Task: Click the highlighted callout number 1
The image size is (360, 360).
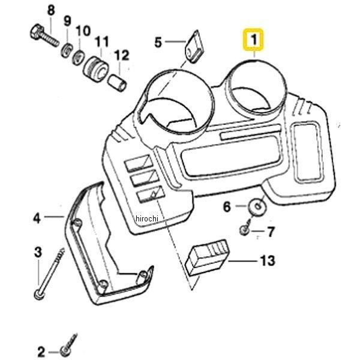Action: [253, 41]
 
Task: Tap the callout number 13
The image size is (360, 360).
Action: [266, 260]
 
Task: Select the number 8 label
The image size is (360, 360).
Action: [50, 10]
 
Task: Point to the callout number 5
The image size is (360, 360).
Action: [158, 42]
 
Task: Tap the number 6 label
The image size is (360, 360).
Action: [227, 207]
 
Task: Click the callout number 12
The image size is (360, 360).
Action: [122, 56]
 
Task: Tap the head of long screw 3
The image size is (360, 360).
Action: [38, 295]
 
